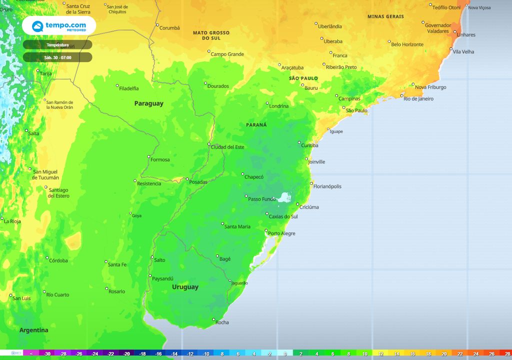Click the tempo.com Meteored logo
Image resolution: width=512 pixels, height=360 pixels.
pos(58,25)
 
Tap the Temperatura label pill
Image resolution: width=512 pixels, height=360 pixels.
pos(57,45)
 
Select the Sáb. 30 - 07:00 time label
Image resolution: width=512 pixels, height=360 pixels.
pos(57,57)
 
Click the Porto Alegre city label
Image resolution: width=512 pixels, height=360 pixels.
pos(281,233)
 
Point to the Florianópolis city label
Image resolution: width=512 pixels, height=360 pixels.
pos(327,186)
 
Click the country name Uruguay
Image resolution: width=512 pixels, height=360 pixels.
pos(185,287)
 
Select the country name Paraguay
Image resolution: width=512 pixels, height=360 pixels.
pos(148,103)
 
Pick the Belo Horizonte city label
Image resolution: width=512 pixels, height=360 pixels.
pos(407,44)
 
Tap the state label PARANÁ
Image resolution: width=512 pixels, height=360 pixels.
pos(256,125)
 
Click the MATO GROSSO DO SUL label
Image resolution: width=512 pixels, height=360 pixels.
pos(211,35)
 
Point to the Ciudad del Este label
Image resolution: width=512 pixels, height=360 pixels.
pos(227,147)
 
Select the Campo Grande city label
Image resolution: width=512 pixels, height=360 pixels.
pos(227,54)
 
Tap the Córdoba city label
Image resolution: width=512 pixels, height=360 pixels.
pos(59,260)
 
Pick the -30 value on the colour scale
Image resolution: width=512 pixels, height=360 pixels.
pos(47,353)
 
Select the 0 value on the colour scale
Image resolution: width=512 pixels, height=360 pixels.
pos(285,353)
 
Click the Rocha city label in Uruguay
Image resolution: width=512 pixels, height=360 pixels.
pos(222,322)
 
